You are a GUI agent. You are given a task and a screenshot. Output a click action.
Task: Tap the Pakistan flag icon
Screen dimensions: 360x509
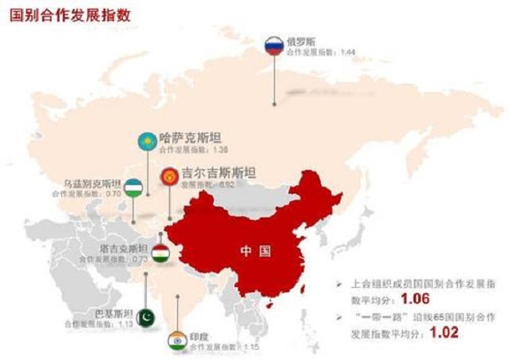click(146, 316)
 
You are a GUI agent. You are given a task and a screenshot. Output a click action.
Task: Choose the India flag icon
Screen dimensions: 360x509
click(176, 338)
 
